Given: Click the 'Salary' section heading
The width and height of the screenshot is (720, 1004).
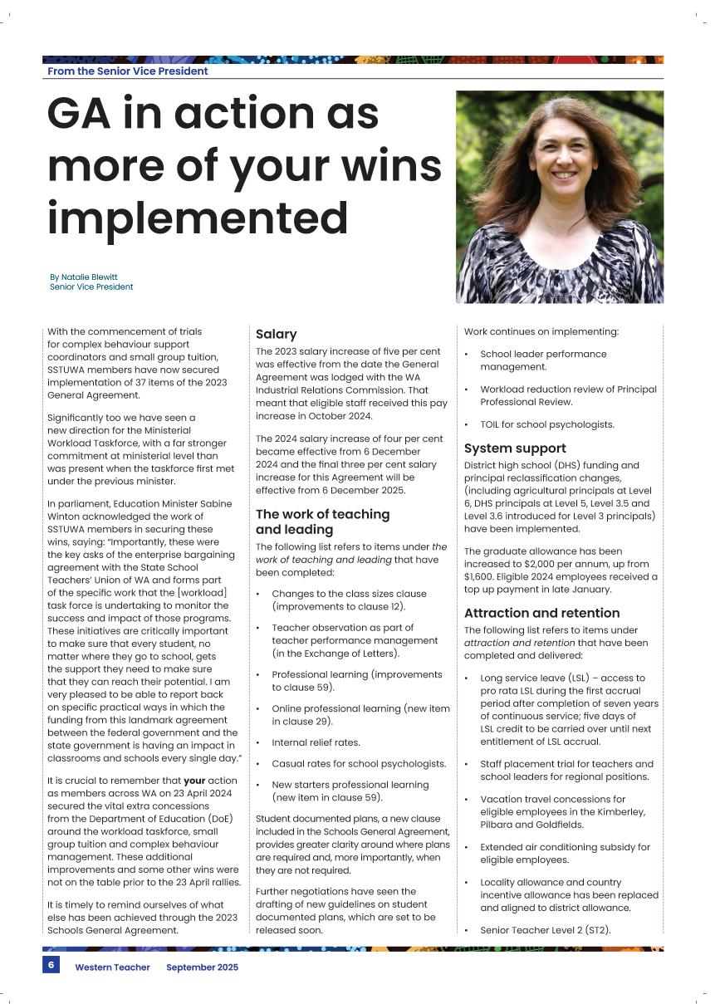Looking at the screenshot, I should (276, 334).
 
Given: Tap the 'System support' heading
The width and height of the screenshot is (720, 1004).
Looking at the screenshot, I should (515, 448).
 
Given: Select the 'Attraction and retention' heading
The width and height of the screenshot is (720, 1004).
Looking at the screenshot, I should (541, 613).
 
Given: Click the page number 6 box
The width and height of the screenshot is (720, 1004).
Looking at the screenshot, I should (51, 966).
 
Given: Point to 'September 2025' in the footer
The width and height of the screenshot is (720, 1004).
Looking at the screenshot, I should (202, 967).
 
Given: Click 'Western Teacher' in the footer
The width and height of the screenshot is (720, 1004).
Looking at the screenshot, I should (112, 967).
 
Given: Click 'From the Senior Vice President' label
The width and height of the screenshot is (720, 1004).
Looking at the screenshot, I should (128, 71).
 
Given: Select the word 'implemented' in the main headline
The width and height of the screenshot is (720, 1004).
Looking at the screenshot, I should (197, 217).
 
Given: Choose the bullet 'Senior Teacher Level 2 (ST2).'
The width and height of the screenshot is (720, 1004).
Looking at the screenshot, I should (545, 929).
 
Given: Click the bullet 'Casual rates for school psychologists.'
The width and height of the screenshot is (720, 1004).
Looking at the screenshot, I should (359, 763).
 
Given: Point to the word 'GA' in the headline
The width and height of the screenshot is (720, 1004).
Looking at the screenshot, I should (79, 114).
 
